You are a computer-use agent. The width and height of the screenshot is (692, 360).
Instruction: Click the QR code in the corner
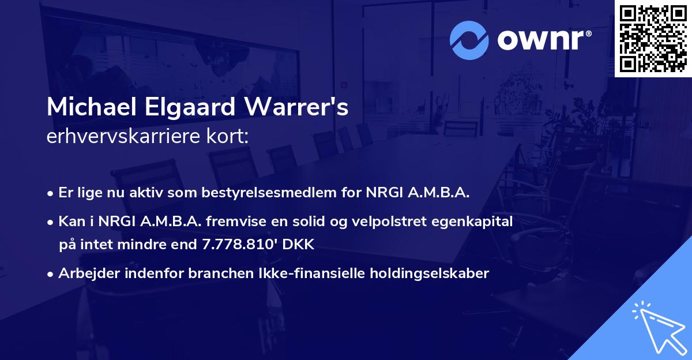coord(653,38)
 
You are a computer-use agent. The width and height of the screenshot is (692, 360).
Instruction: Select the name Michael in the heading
coord(86,108)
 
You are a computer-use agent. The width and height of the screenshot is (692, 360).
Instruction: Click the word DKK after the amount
coord(297,245)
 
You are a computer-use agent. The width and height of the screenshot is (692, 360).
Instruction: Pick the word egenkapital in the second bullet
coord(476,222)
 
